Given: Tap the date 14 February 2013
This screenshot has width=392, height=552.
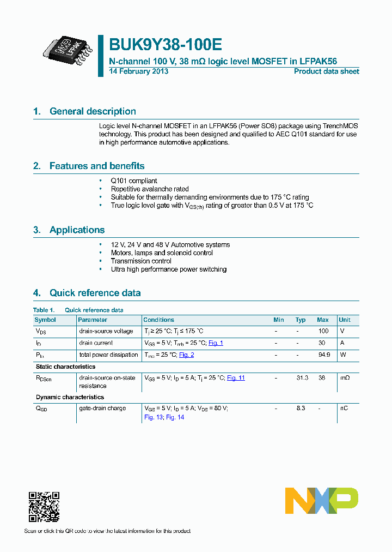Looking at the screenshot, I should (x=139, y=71).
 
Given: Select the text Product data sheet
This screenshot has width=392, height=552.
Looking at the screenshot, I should (x=326, y=71).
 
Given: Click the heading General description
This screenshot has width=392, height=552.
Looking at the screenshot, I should (x=93, y=111).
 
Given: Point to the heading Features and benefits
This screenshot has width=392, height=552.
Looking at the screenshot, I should (x=97, y=166).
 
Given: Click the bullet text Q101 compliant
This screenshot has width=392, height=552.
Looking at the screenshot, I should (x=134, y=181).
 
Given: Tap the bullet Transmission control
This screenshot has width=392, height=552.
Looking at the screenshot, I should (x=141, y=261).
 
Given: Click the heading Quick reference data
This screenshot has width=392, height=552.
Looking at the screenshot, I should (x=95, y=293).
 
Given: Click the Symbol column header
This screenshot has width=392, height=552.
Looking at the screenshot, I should (x=45, y=320).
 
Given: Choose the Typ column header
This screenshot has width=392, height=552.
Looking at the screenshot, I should (x=301, y=320).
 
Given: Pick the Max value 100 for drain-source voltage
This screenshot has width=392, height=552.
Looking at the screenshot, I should (x=323, y=331).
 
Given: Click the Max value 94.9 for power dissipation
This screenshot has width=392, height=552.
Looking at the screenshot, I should (x=324, y=355).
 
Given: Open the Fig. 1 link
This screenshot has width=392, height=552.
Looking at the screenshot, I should (x=216, y=343).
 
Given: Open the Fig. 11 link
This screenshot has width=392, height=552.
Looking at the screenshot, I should (x=236, y=377).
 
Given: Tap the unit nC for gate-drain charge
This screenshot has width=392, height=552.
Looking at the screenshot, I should (x=344, y=408).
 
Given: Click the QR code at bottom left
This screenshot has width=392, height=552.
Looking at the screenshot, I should (x=44, y=507).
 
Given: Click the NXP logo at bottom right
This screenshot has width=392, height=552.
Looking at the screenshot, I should (x=322, y=501).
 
